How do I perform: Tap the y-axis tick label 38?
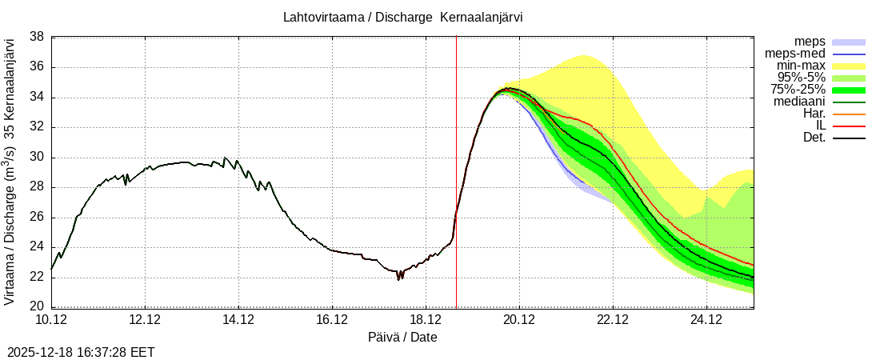click(x=37, y=37)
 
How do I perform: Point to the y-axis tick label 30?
click(x=37, y=158)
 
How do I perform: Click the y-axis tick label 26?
click(x=37, y=218)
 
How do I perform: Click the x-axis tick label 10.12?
click(x=51, y=321)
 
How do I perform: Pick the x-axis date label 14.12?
click(x=238, y=321)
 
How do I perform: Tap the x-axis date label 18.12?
click(x=426, y=321)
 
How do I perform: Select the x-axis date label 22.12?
click(x=613, y=321)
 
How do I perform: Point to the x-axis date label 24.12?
click(x=706, y=321)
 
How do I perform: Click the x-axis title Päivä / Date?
click(x=402, y=337)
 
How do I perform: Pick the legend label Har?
click(x=812, y=114)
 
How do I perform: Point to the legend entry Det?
click(x=814, y=138)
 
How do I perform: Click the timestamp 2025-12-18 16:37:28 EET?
click(x=81, y=352)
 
